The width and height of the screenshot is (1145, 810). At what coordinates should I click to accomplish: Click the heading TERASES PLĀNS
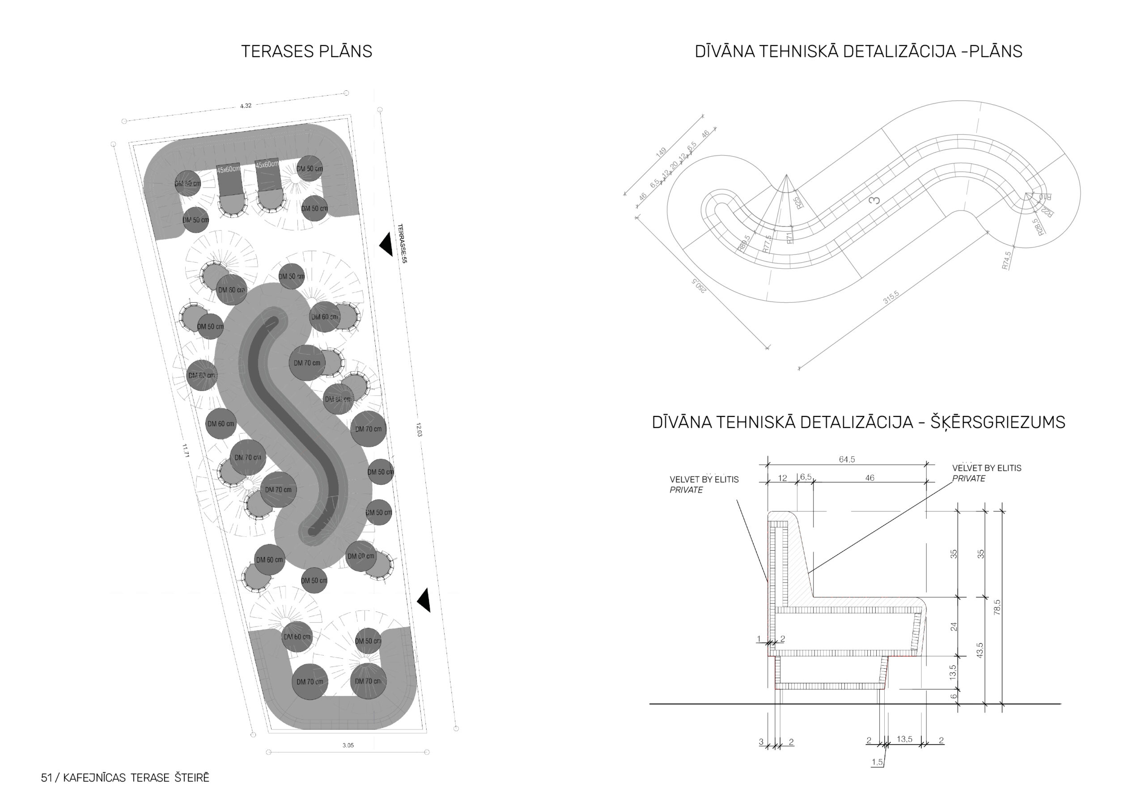point(306,51)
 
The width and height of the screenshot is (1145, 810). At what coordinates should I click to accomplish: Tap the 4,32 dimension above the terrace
point(246,106)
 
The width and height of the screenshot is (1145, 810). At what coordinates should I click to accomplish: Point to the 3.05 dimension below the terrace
point(348,745)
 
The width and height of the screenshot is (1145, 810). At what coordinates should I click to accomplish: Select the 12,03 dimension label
point(419,429)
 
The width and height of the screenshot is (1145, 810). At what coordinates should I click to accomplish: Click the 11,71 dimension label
point(185,450)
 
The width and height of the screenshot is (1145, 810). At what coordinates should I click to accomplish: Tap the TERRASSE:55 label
point(402,243)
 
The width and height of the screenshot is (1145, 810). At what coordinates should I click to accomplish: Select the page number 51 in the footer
point(47,778)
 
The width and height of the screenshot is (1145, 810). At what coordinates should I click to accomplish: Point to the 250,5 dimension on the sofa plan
point(699,285)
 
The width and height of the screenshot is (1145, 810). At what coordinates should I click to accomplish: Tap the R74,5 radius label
point(1006,260)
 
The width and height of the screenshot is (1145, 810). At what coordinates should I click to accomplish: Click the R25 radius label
point(798,202)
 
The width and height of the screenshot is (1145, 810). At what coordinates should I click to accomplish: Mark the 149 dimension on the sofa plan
point(661,153)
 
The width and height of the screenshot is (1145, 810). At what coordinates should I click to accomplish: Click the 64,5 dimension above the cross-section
point(847,459)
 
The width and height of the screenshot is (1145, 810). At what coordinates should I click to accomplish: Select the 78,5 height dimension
point(997,607)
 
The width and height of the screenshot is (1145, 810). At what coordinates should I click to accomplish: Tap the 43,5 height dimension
point(980,650)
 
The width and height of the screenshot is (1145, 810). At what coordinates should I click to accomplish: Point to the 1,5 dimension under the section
point(877,762)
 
